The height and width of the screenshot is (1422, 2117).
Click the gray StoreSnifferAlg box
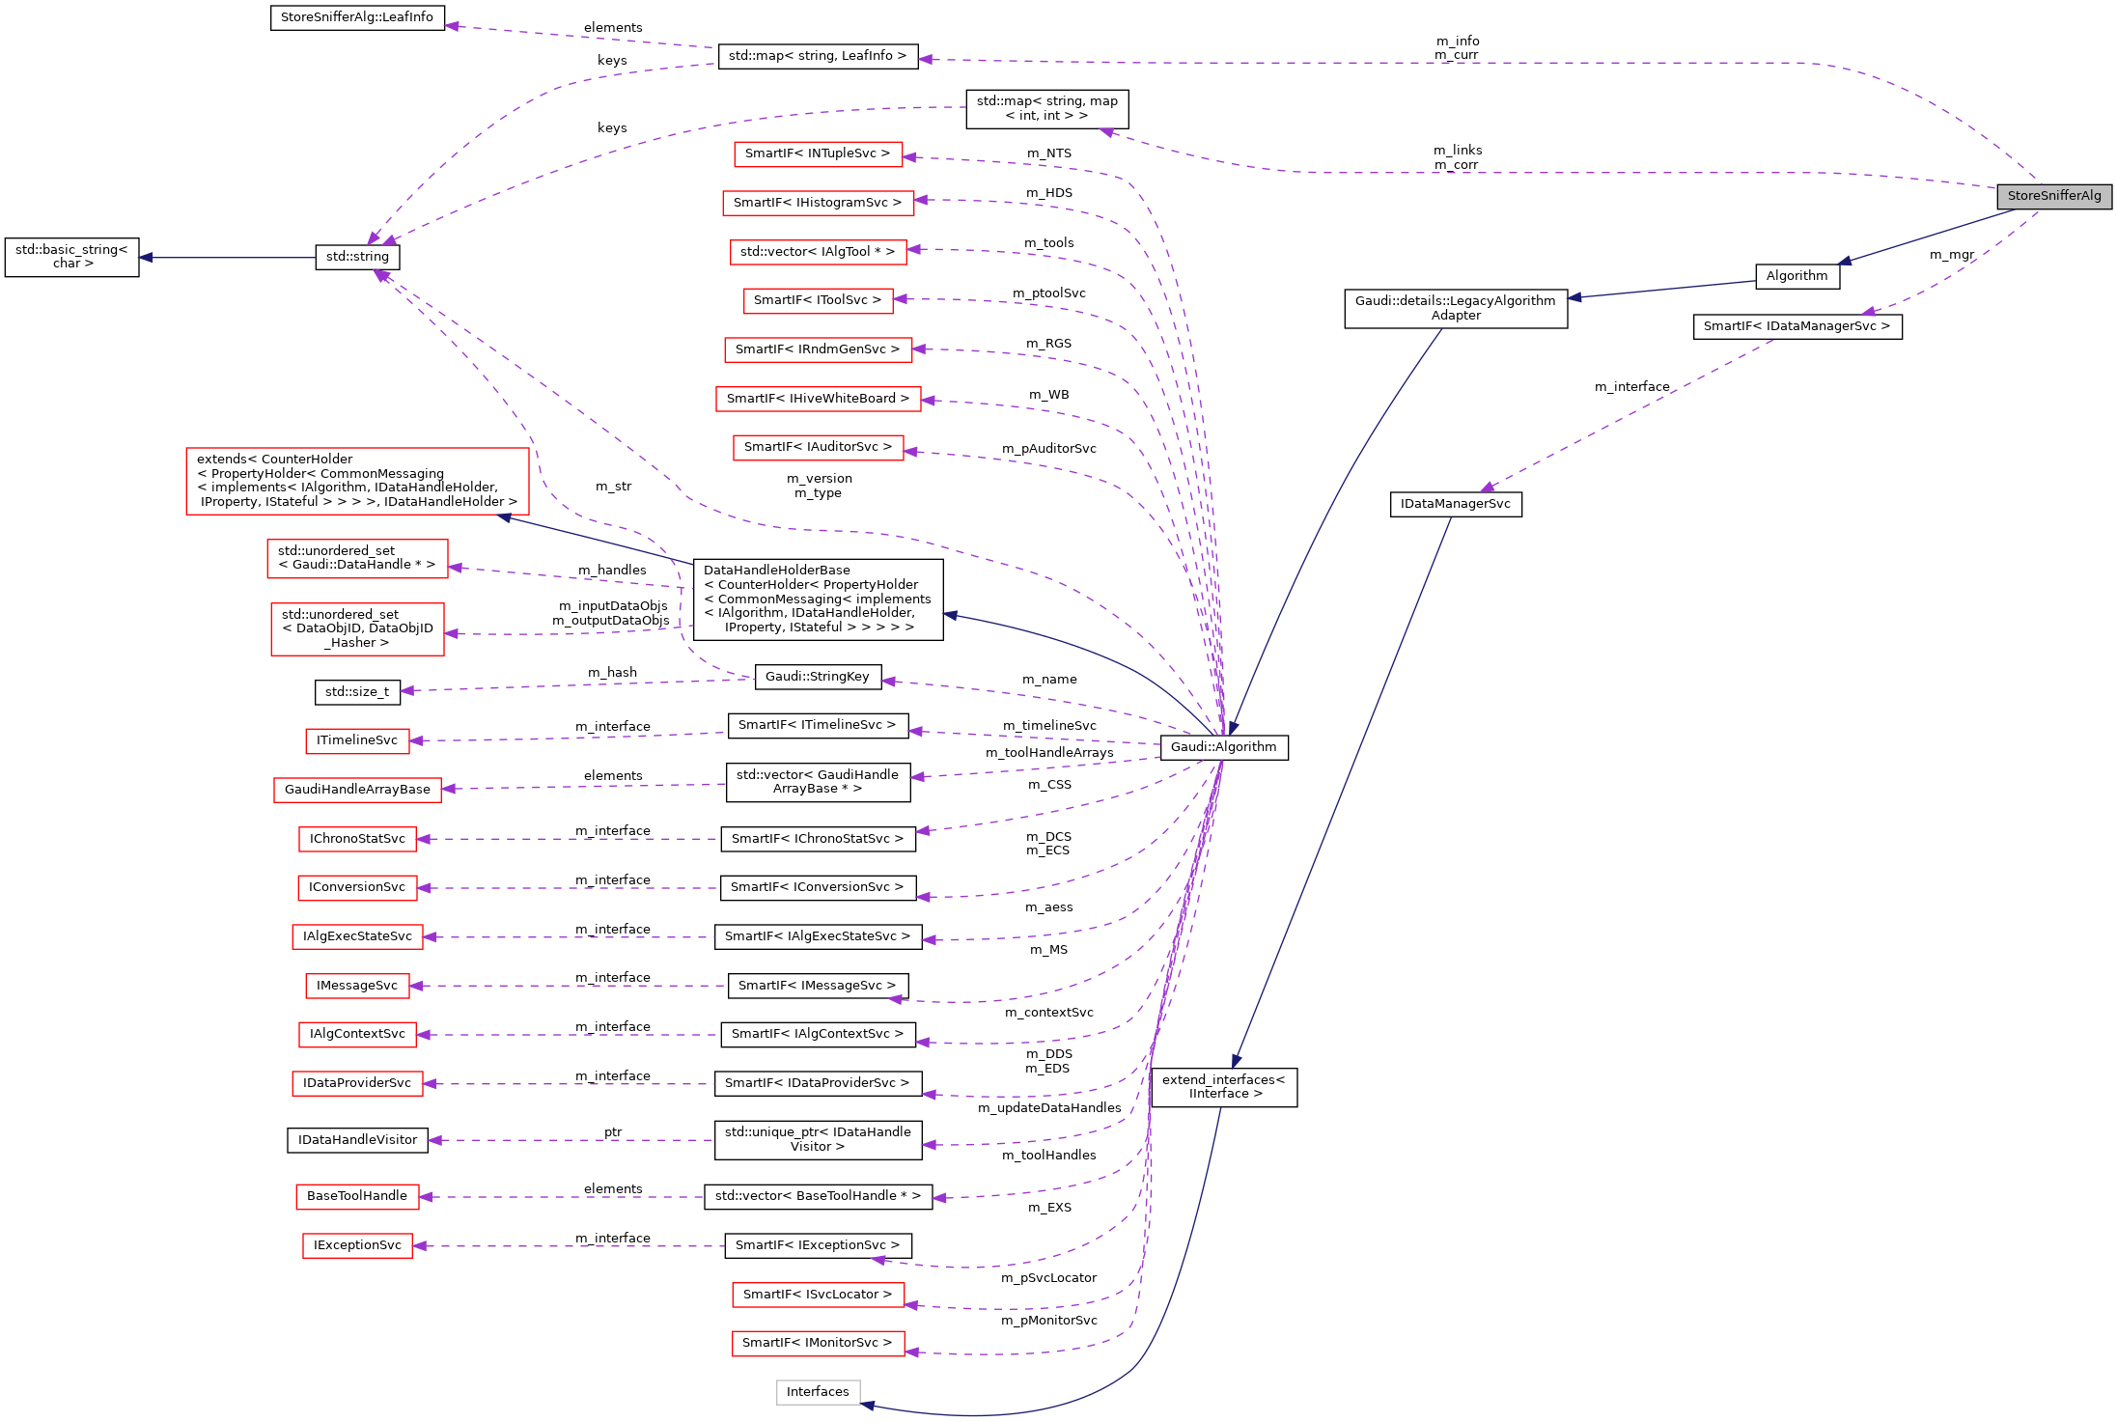tap(2053, 196)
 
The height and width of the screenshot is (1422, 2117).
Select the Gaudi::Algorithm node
tap(1223, 747)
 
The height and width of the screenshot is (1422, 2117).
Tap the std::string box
tap(357, 257)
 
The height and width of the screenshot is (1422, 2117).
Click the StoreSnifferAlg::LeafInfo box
tap(357, 17)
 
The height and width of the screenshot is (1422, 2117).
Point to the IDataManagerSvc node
tap(1455, 504)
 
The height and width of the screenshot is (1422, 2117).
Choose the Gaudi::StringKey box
tap(817, 677)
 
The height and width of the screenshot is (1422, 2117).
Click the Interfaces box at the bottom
tap(817, 1392)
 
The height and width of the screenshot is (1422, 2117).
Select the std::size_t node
tap(357, 692)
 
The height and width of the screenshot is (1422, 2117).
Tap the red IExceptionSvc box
tap(357, 1245)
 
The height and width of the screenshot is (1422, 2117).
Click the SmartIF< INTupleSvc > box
tap(817, 153)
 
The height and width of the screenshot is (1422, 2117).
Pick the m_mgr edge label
tap(1951, 255)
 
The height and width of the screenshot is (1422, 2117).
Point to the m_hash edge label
tap(612, 673)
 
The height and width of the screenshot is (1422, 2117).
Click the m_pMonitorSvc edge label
tap(1048, 1321)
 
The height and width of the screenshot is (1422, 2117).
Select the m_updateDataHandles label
tap(1048, 1108)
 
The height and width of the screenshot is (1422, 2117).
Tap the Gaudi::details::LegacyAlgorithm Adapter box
tap(1455, 308)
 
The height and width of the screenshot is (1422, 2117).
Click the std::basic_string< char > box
tap(72, 257)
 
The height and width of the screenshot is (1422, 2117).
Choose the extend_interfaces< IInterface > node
tap(1223, 1087)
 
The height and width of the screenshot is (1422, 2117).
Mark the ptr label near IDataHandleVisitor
tap(613, 1132)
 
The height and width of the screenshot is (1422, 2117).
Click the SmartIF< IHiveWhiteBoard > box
tap(817, 399)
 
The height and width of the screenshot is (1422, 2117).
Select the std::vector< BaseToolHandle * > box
tap(817, 1196)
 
